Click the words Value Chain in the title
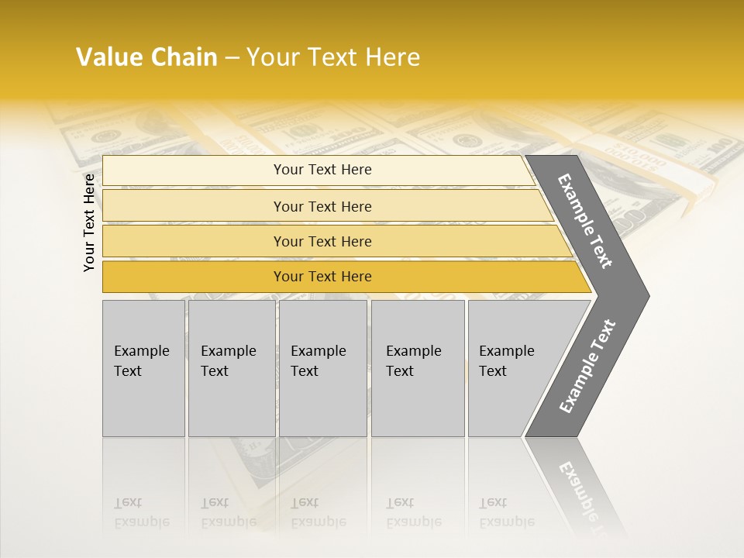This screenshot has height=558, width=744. (x=146, y=57)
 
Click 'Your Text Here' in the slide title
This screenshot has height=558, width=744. (x=333, y=57)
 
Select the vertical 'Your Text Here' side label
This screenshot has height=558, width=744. (x=89, y=222)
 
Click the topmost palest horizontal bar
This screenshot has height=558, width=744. (x=322, y=170)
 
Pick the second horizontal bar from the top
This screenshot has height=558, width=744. (x=322, y=206)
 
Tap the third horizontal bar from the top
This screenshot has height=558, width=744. (x=322, y=241)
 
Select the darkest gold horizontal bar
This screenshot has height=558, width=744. (x=322, y=277)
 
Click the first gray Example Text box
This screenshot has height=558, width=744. (x=143, y=368)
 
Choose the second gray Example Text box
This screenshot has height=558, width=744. (x=231, y=368)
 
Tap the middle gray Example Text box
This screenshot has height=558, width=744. (x=322, y=368)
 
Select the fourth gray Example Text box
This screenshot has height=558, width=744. (x=417, y=368)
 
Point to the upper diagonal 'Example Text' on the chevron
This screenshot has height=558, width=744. (x=585, y=221)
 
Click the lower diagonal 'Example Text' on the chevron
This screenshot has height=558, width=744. (x=587, y=367)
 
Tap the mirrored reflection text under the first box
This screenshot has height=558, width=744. (x=141, y=512)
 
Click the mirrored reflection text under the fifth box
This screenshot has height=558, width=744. (x=506, y=512)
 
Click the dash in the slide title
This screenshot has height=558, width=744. (x=232, y=58)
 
